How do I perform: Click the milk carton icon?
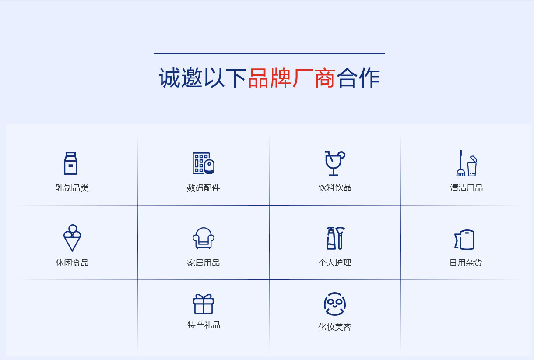[x=70, y=163]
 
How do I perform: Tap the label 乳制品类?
[x=72, y=188]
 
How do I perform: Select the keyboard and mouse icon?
[x=204, y=163]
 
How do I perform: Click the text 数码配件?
[x=204, y=188]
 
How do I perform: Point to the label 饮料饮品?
[x=335, y=187]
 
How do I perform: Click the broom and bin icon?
[x=467, y=163]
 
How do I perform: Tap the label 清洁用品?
[x=466, y=188]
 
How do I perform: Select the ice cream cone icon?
[x=72, y=238]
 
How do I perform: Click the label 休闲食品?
[x=72, y=263]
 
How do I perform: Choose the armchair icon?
[x=204, y=238]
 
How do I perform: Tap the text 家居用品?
[x=204, y=263]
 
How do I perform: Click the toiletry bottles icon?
[x=335, y=238]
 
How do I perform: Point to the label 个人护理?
[x=335, y=263]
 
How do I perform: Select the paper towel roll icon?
[x=464, y=240]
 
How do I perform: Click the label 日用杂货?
[x=466, y=263]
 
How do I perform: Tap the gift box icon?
[x=204, y=304]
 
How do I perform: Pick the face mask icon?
[x=335, y=304]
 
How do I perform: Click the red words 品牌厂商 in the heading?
[x=292, y=78]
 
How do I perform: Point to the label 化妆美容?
[x=335, y=327]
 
